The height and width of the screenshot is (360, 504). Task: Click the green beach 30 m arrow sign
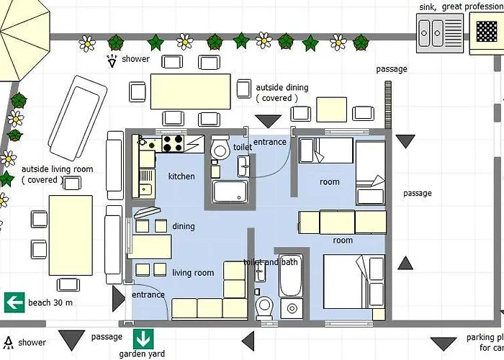tap(14, 302)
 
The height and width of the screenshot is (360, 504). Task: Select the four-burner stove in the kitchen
tap(173, 143)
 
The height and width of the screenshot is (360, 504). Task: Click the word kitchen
tap(181, 176)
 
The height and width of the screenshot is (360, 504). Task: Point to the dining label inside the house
tap(183, 227)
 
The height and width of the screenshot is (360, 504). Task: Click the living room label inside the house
tap(193, 273)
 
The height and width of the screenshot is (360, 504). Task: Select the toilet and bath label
tap(271, 262)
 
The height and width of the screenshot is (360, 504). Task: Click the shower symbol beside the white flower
tap(112, 60)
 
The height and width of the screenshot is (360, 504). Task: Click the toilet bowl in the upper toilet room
tap(221, 149)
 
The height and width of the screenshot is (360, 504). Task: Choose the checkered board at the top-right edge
tap(488, 32)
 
